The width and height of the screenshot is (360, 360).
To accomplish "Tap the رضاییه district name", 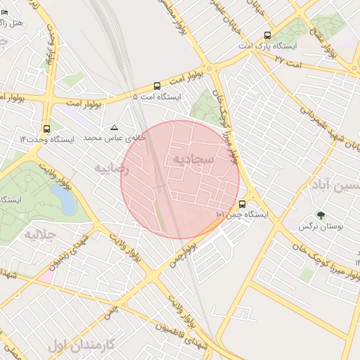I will tap(112, 169).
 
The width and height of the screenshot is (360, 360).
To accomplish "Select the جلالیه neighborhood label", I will tap(39, 233).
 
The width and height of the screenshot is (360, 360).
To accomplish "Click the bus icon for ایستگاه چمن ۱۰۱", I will tap(243, 205).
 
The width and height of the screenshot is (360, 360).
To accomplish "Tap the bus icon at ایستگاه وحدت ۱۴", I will tap(46, 129).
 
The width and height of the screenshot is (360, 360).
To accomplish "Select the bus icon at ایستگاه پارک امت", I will tap(266, 35).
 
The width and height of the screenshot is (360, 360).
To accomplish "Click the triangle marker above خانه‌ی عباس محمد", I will tap(114, 127).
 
